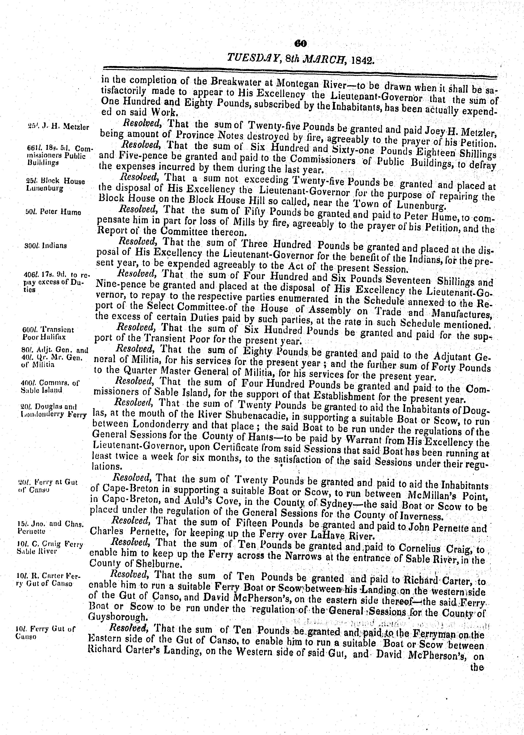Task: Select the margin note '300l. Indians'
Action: (x=46, y=246)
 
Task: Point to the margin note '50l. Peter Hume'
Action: (x=48, y=212)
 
